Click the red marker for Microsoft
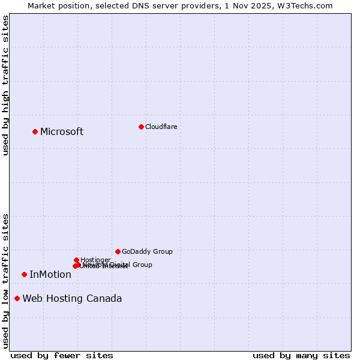(x=35, y=131)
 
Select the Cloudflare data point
(x=141, y=127)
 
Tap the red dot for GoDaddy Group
(x=118, y=251)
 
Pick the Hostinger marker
(x=76, y=260)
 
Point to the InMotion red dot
(x=24, y=274)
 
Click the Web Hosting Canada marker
(x=17, y=298)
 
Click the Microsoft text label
(x=62, y=132)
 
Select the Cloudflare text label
(x=161, y=127)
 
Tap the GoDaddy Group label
(x=147, y=252)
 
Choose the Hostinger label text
(x=95, y=260)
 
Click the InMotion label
(x=50, y=275)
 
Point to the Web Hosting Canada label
(x=72, y=299)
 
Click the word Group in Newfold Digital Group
(x=142, y=265)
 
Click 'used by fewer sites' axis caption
(x=62, y=355)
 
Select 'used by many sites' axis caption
(x=301, y=355)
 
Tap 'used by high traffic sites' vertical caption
(x=6, y=85)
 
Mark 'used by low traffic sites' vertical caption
(x=6, y=280)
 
